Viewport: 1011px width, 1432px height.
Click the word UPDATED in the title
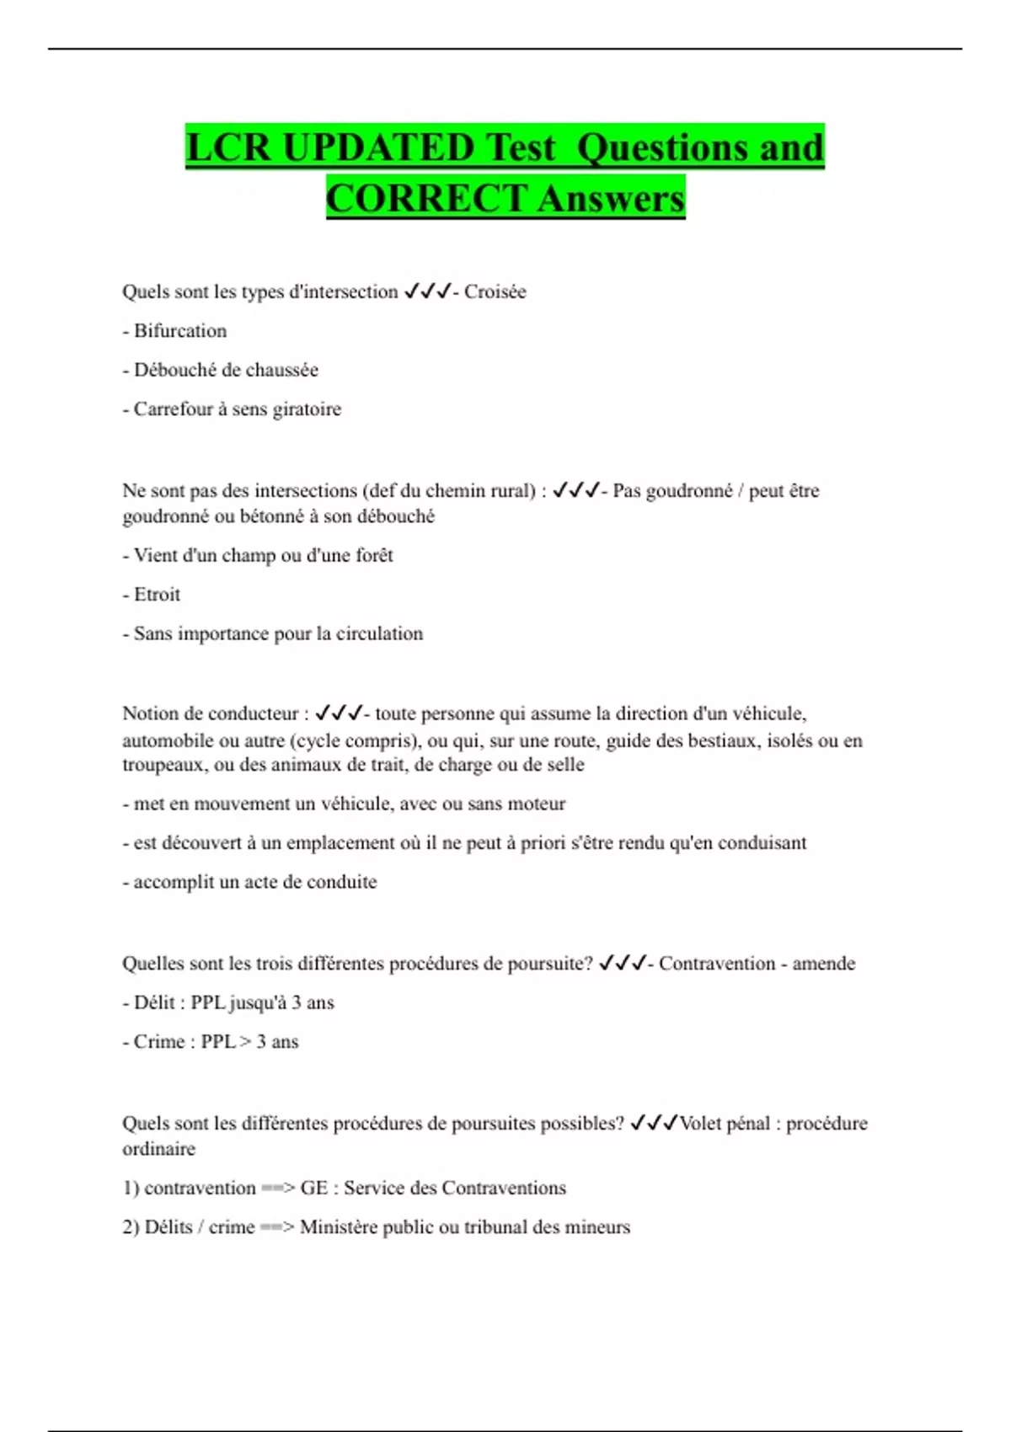pos(378,148)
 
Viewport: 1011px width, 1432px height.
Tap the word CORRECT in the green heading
pos(425,200)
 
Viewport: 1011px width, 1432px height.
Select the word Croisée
pos(495,292)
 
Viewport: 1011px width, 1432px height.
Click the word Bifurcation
pos(180,331)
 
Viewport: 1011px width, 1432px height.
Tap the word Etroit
pos(157,595)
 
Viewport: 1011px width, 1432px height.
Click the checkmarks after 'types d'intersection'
pos(428,292)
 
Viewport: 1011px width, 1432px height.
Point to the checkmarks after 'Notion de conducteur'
pos(339,714)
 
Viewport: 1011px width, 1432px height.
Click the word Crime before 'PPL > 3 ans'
pos(159,1042)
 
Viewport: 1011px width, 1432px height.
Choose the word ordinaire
pos(158,1149)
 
